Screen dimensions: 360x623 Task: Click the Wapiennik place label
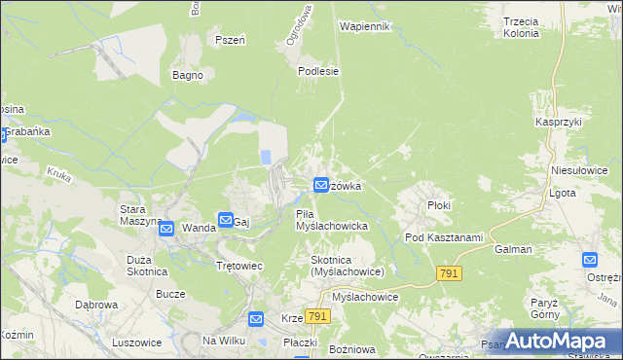point(364,26)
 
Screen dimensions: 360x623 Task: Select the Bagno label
point(187,75)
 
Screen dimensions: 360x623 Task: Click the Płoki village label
point(440,206)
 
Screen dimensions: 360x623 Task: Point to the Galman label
point(513,249)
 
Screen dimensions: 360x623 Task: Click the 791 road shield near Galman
point(448,275)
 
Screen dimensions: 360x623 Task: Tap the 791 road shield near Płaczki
point(317,317)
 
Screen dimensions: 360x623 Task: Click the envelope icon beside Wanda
point(165,229)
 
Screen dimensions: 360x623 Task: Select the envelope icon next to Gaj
point(226,221)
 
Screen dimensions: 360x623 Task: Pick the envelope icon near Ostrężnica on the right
point(590,260)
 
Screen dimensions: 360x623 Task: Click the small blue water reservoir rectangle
point(266,157)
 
